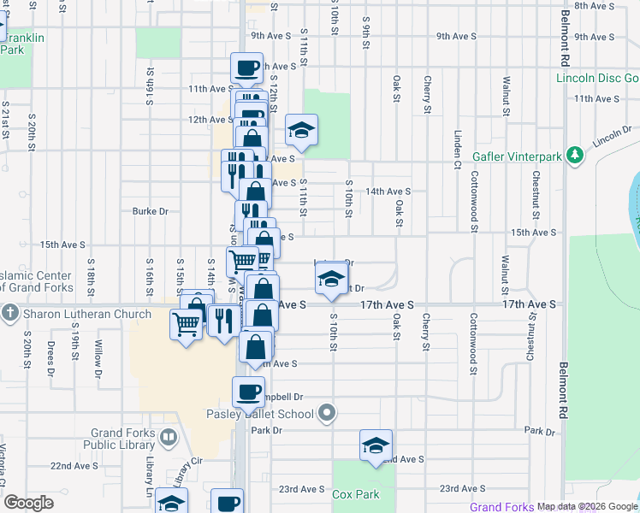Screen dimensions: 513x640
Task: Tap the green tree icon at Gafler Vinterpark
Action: point(578,154)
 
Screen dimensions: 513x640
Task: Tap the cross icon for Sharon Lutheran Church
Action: point(9,314)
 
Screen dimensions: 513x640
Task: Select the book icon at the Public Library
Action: point(169,439)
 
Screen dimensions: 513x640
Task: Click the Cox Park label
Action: point(355,494)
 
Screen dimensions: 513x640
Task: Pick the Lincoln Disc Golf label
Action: point(597,78)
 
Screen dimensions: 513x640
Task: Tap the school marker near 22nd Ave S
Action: point(375,445)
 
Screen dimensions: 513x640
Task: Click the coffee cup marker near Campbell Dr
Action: point(248,392)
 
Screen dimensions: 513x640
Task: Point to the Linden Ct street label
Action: point(458,147)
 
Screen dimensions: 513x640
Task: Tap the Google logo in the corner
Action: point(29,503)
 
